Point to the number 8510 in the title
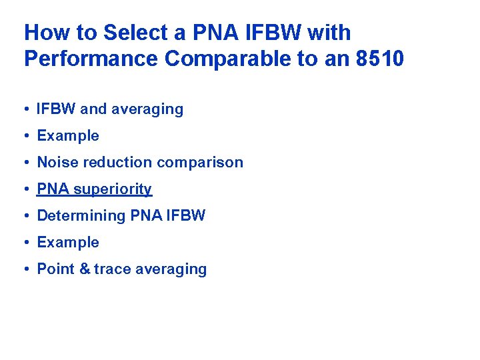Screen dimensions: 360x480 [380, 59]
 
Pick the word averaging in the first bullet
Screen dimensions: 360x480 [153, 109]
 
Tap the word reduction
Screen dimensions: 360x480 [112, 163]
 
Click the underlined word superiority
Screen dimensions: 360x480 [113, 189]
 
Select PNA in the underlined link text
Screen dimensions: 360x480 [53, 189]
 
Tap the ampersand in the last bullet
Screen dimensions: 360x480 [84, 269]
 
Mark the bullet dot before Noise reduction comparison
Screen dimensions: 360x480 [27, 163]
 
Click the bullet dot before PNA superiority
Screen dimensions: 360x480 [27, 189]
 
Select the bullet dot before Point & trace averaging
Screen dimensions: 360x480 [27, 269]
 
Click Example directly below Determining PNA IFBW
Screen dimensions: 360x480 [67, 243]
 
